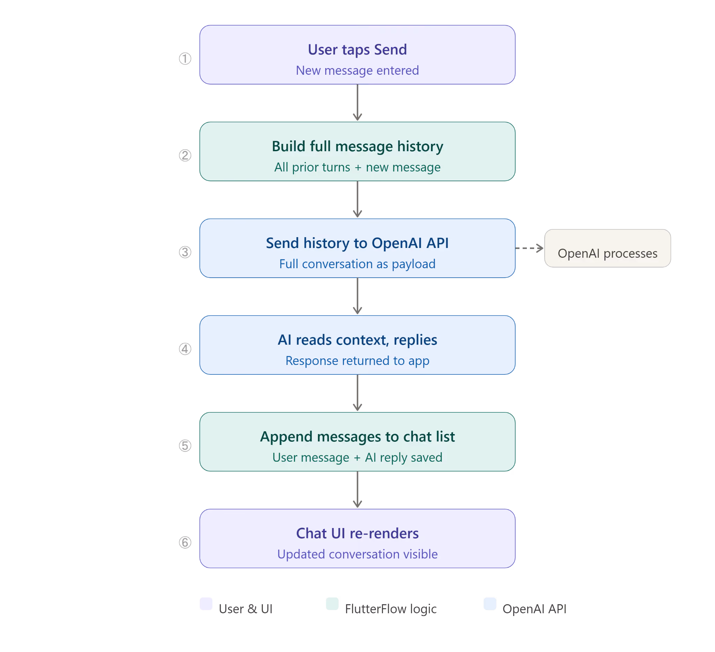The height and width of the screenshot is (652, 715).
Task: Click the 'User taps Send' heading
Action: pos(357,50)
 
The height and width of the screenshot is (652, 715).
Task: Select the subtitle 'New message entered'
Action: pos(357,70)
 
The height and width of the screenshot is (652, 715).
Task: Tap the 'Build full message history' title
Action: pos(357,147)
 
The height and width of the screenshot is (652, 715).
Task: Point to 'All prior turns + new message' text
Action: pos(357,167)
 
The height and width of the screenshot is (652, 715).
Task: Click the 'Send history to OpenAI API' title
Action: pos(357,243)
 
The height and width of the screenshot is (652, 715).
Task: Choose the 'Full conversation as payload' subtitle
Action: pos(357,264)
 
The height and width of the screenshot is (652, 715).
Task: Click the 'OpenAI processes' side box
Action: pos(607,248)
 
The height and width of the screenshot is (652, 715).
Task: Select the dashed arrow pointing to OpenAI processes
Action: pos(529,248)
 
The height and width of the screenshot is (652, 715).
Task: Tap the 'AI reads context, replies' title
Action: pos(357,340)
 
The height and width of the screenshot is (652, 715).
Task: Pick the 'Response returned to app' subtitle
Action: pos(357,361)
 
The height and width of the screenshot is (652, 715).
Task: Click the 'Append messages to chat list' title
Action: pos(357,437)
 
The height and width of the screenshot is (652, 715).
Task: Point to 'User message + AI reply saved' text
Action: pos(357,457)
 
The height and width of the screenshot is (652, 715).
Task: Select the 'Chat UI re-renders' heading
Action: pos(357,534)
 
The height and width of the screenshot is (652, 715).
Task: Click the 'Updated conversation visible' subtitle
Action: pos(357,554)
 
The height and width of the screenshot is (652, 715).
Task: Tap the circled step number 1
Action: pos(185,59)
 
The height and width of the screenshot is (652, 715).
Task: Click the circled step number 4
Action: pos(185,349)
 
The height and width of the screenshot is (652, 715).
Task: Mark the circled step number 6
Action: pos(185,542)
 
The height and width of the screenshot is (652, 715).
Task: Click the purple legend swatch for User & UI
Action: pos(206,604)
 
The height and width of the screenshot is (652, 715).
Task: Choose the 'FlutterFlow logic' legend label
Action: pos(391,609)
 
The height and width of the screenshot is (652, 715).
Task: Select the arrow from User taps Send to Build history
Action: pos(357,103)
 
